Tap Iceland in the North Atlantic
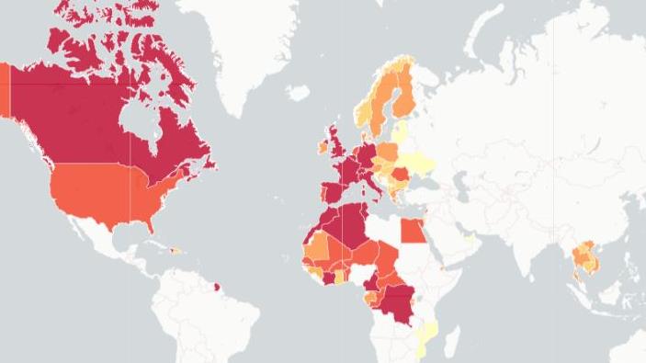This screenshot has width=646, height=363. pos(298,92)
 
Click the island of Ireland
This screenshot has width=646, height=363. pos(323,147)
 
